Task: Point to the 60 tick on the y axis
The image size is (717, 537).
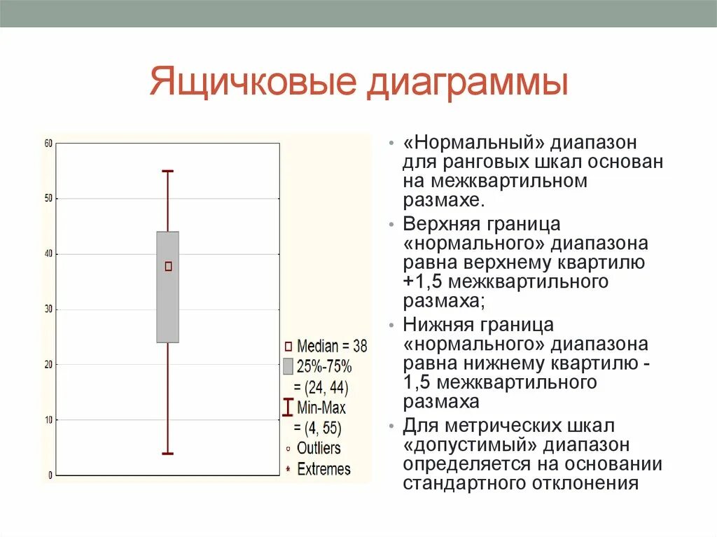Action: tap(48, 144)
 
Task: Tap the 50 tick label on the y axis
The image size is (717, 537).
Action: tap(48, 199)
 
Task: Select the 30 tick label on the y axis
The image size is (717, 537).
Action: tap(48, 309)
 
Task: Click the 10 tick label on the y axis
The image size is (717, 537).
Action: tap(48, 420)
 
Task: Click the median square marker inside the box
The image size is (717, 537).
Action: tap(168, 266)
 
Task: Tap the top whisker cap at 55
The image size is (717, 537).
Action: tap(168, 171)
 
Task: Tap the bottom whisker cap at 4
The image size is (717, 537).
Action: tap(168, 454)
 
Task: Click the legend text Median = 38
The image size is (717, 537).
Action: tap(331, 346)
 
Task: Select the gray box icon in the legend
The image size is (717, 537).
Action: tap(288, 366)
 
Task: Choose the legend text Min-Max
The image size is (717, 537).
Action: tap(321, 407)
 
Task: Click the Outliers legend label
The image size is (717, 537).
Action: tap(319, 448)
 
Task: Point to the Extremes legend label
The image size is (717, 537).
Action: tap(323, 469)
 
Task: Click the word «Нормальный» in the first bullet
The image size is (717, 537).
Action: tap(473, 144)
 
